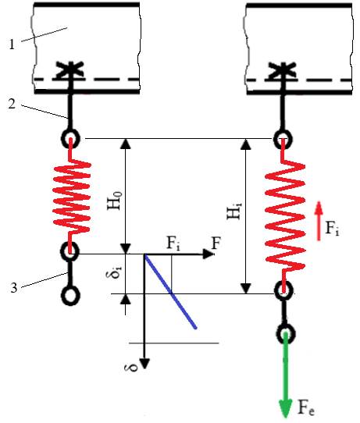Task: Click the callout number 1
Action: point(12,44)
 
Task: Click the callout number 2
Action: point(12,103)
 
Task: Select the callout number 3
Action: point(14,287)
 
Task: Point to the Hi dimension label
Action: point(233,211)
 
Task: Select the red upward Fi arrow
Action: point(319,221)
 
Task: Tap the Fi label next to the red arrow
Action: point(332,228)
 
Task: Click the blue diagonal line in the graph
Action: point(170,291)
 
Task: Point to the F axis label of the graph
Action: point(216,243)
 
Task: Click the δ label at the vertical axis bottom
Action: point(131,367)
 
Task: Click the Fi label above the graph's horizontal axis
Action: point(173,243)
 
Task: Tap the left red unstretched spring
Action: point(71,196)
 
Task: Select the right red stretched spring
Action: point(285,216)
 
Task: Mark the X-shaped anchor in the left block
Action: point(71,71)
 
